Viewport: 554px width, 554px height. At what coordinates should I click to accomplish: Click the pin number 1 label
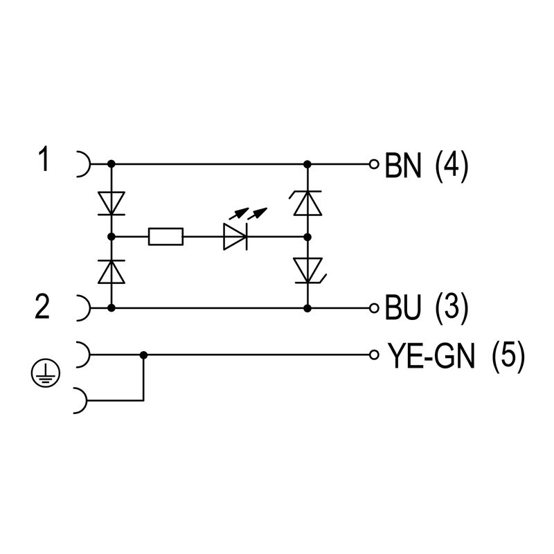pyautogui.click(x=44, y=161)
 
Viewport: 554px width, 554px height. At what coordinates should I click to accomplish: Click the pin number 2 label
pyautogui.click(x=43, y=306)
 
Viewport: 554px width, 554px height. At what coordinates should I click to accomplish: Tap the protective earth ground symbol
pyautogui.click(x=45, y=375)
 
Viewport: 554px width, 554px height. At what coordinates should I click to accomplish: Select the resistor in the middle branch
pyautogui.click(x=166, y=238)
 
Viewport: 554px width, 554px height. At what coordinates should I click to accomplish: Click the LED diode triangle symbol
pyautogui.click(x=235, y=238)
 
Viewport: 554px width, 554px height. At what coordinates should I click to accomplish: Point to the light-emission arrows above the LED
pyautogui.click(x=247, y=212)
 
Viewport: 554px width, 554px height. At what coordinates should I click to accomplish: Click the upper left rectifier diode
pyautogui.click(x=111, y=203)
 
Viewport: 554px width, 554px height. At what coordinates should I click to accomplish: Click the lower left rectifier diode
pyautogui.click(x=111, y=271)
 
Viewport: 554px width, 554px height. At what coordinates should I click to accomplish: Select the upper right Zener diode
pyautogui.click(x=307, y=202)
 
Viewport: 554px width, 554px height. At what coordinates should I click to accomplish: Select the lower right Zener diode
pyautogui.click(x=307, y=270)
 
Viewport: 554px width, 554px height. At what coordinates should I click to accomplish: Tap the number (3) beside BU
pyautogui.click(x=452, y=307)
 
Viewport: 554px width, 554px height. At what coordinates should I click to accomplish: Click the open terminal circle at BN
pyautogui.click(x=374, y=165)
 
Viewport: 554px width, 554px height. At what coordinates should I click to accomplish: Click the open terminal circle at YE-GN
pyautogui.click(x=374, y=355)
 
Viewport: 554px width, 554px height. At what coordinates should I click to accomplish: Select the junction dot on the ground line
pyautogui.click(x=143, y=355)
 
